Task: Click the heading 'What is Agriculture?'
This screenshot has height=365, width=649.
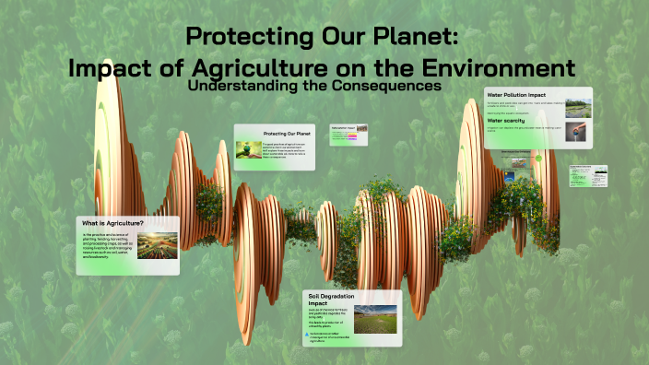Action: click(112, 224)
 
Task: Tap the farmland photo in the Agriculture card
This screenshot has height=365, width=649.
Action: click(157, 244)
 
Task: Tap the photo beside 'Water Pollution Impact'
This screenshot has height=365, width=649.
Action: click(578, 108)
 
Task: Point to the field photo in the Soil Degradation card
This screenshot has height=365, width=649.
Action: click(375, 317)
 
